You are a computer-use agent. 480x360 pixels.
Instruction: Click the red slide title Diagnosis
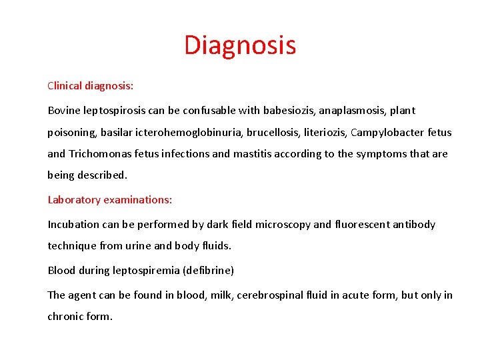click(x=240, y=45)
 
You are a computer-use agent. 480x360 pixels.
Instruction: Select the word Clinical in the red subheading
click(x=64, y=85)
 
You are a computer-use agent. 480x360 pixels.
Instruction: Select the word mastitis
click(x=251, y=153)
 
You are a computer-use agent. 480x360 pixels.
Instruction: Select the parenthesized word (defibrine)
click(x=205, y=270)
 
